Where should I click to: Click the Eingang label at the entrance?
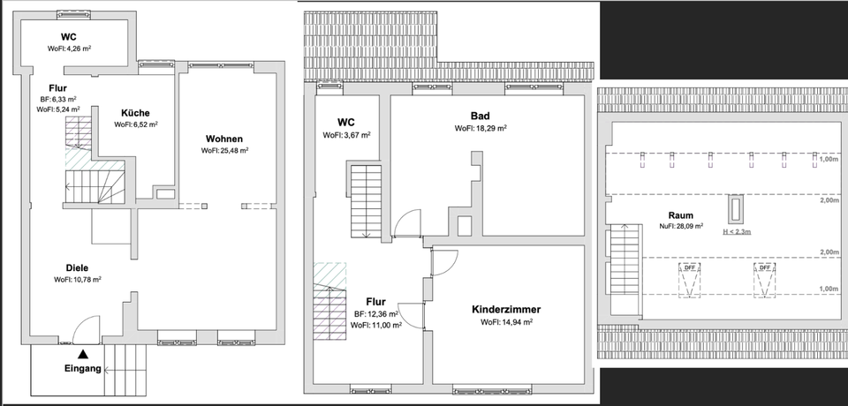83,368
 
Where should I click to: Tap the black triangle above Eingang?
83,354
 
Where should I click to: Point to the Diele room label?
77,267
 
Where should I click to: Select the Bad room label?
480,116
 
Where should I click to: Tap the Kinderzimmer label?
506,310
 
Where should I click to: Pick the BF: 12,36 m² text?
377,313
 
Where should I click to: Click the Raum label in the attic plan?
680,214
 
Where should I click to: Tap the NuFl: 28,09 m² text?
680,226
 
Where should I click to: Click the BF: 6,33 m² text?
57,99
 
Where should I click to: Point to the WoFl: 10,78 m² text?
77,280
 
